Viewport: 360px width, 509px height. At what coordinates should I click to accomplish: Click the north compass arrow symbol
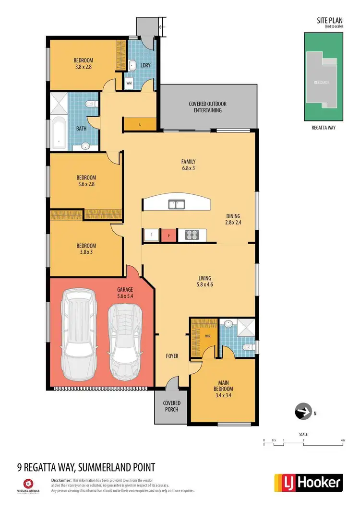[301, 412]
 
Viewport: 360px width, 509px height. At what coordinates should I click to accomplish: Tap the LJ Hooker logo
[308, 482]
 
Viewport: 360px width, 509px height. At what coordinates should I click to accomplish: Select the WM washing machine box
[129, 83]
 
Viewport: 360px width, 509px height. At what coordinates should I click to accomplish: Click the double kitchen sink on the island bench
[177, 205]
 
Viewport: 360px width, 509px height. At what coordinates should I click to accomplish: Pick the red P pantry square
[168, 235]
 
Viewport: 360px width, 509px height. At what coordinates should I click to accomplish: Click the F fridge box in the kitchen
[152, 235]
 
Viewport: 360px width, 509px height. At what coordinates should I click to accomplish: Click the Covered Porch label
[171, 406]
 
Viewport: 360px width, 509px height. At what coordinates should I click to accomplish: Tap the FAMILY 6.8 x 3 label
[188, 165]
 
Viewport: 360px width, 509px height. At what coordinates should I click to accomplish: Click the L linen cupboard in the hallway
[140, 124]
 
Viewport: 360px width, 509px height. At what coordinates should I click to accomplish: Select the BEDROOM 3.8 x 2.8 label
[82, 63]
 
